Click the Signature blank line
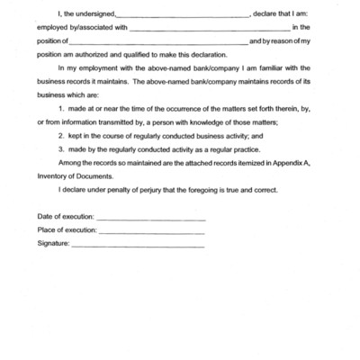(x=137, y=245)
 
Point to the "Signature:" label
(x=53, y=243)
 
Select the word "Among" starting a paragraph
(x=67, y=165)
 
